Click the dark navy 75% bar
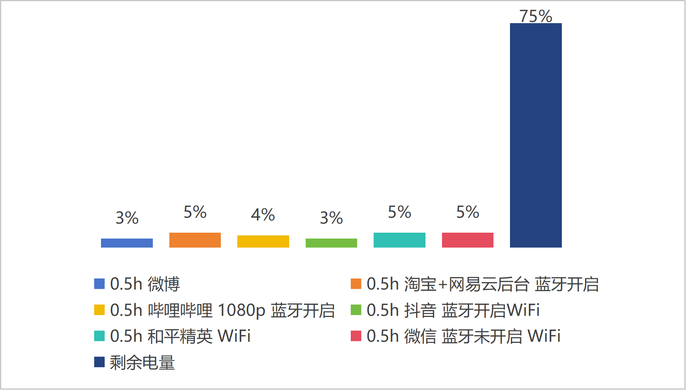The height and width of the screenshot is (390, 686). (536, 135)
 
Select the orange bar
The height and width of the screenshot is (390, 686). (195, 240)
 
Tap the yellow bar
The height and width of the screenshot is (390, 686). (263, 241)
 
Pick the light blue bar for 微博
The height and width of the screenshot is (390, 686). (127, 243)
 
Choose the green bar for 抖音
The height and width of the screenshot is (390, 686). (331, 243)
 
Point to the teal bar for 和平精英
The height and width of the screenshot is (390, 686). (399, 240)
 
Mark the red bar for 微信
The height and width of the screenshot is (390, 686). (468, 240)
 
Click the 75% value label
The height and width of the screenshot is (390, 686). (536, 16)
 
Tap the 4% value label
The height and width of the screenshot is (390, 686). (263, 215)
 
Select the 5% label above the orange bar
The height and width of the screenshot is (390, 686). (195, 212)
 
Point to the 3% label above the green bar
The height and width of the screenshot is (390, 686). (331, 218)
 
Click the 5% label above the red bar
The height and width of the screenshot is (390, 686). (468, 212)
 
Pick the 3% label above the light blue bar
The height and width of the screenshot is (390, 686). (127, 218)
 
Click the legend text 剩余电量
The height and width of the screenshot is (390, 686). (142, 363)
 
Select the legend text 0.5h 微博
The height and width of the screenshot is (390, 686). (145, 284)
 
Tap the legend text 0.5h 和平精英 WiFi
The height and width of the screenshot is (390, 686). (180, 336)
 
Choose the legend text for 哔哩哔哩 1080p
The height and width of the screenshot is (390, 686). (222, 310)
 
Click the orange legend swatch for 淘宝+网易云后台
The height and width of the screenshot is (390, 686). (356, 284)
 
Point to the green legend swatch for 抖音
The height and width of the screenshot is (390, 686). (356, 310)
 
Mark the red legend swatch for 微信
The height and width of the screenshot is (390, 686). (356, 336)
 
